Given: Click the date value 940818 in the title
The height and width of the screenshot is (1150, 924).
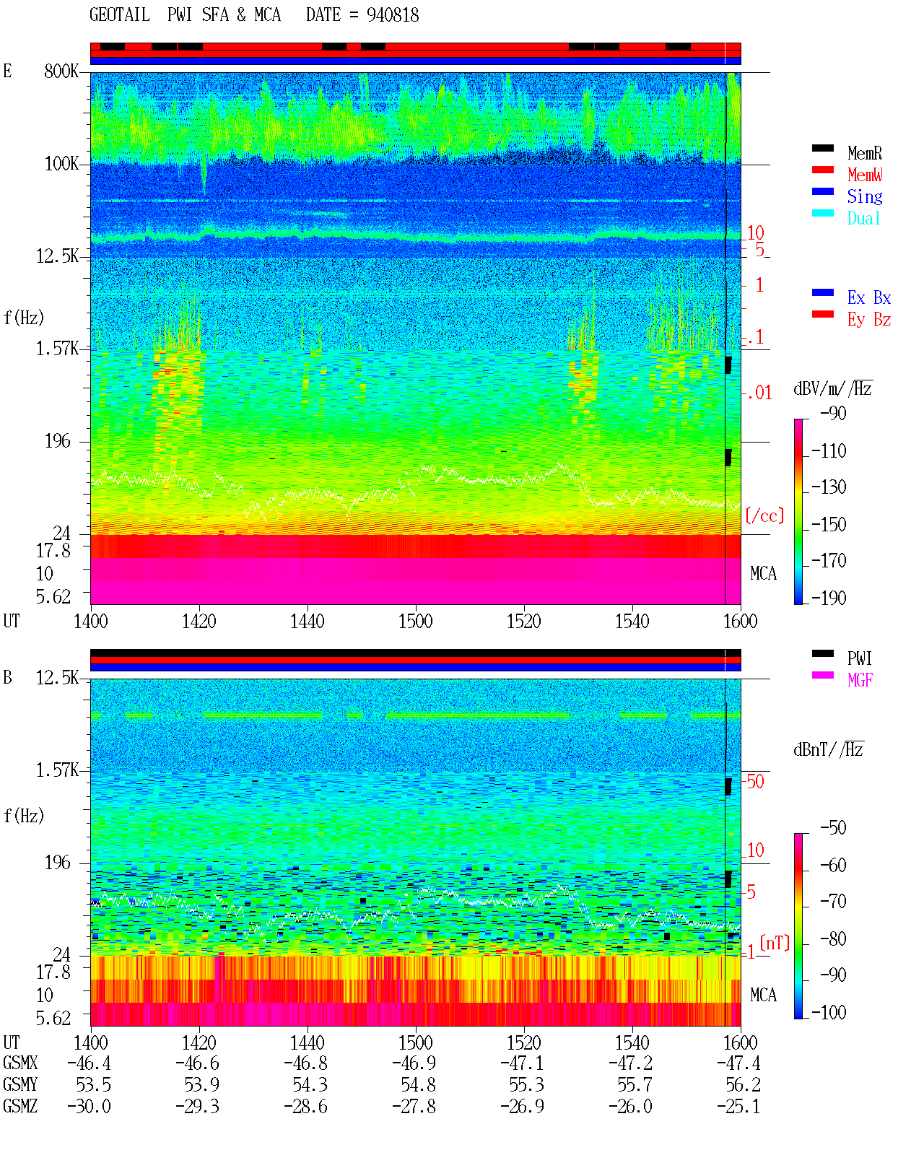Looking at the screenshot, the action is click(x=392, y=15).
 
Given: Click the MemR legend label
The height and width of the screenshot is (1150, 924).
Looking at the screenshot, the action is click(x=864, y=153).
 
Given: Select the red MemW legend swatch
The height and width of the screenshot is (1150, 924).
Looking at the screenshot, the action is click(x=822, y=170).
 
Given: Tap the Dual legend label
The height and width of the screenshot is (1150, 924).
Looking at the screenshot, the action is click(x=864, y=218).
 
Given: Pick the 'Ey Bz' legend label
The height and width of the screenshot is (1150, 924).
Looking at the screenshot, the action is click(x=869, y=319).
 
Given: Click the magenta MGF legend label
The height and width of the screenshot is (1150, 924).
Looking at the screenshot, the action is click(x=860, y=680).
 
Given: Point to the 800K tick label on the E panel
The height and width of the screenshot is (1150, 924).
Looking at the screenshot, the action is click(x=61, y=71).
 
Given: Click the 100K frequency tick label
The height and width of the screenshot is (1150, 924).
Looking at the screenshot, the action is click(x=61, y=164).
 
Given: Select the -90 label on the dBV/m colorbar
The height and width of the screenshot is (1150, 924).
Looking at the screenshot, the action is click(x=833, y=413).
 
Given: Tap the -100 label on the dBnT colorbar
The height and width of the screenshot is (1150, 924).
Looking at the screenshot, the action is click(x=829, y=1012).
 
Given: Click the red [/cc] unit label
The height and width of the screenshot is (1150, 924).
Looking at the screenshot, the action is click(x=764, y=515).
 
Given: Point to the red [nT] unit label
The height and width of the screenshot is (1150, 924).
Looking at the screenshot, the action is click(x=775, y=943).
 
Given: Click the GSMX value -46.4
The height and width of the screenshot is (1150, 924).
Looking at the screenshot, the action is click(x=89, y=1063).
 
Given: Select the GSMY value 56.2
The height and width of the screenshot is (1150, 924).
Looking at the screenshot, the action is click(x=743, y=1085).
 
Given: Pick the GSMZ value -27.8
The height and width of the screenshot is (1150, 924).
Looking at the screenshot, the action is click(x=414, y=1106).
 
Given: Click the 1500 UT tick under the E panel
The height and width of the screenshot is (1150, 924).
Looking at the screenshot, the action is click(x=415, y=621).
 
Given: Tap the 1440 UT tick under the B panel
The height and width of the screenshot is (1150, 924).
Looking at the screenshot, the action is click(x=308, y=1042).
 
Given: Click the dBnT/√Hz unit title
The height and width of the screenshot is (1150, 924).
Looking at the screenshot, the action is click(x=828, y=749).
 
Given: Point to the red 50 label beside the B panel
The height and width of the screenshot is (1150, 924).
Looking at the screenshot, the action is click(x=755, y=782).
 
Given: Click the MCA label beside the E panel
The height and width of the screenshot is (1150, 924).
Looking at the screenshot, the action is click(x=763, y=573).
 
